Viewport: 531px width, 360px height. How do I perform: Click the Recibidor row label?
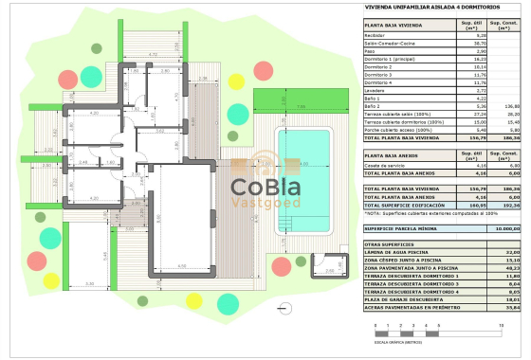(x=377, y=35)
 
